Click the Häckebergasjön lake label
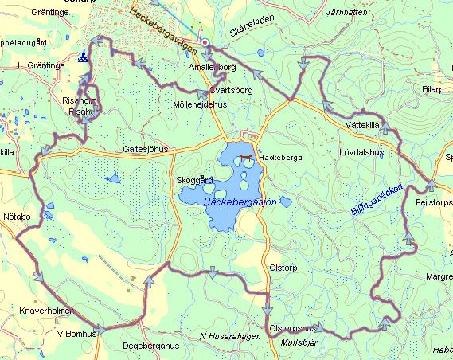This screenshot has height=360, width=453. tap(240, 203)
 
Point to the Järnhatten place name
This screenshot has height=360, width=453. tap(352, 14)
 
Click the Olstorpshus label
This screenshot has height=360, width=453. tap(293, 328)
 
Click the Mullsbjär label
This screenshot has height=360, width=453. tap(299, 342)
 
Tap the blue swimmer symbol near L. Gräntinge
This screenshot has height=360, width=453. tap(83, 57)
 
